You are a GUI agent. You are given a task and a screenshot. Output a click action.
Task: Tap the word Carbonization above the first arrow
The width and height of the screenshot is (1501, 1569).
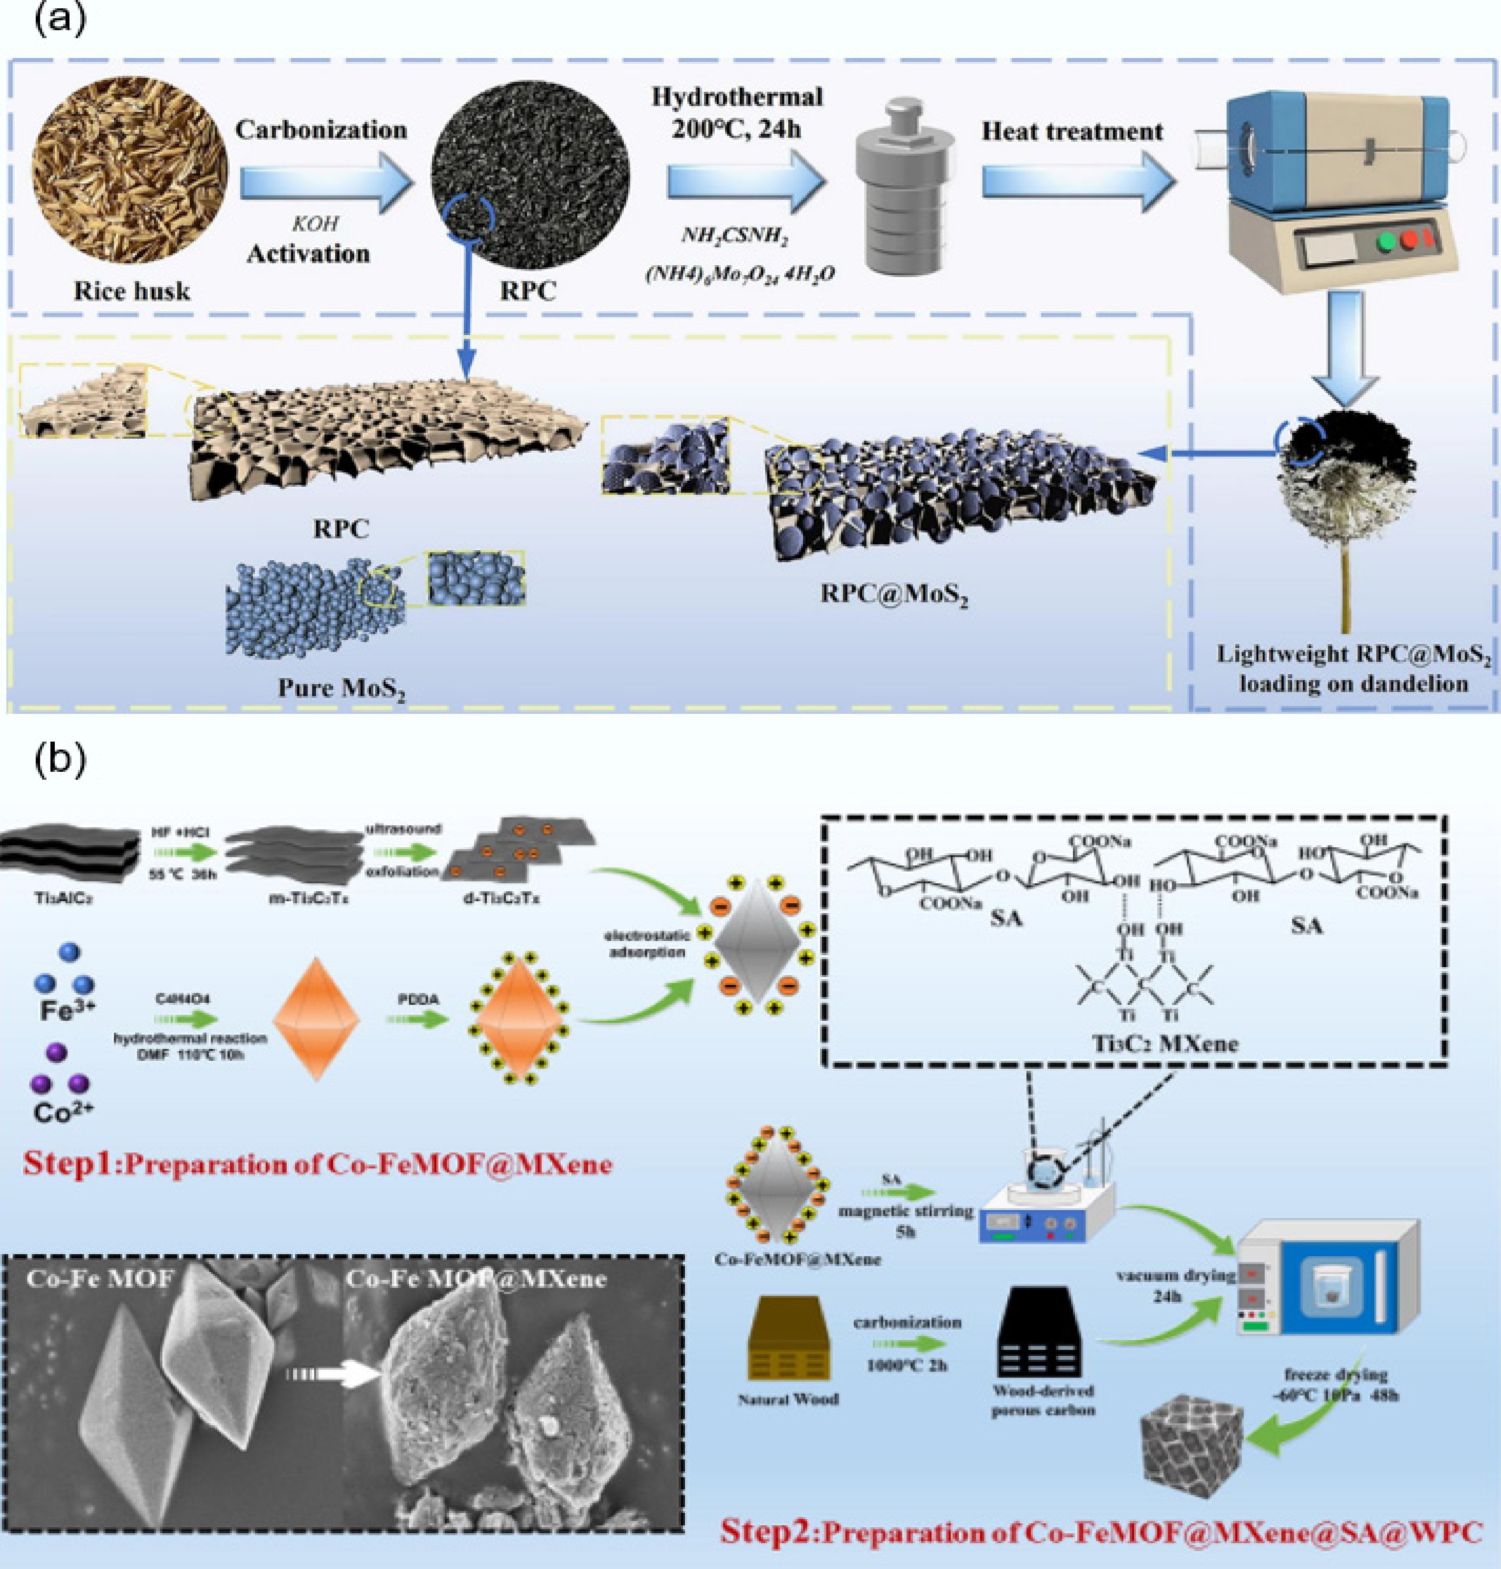click(321, 129)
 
